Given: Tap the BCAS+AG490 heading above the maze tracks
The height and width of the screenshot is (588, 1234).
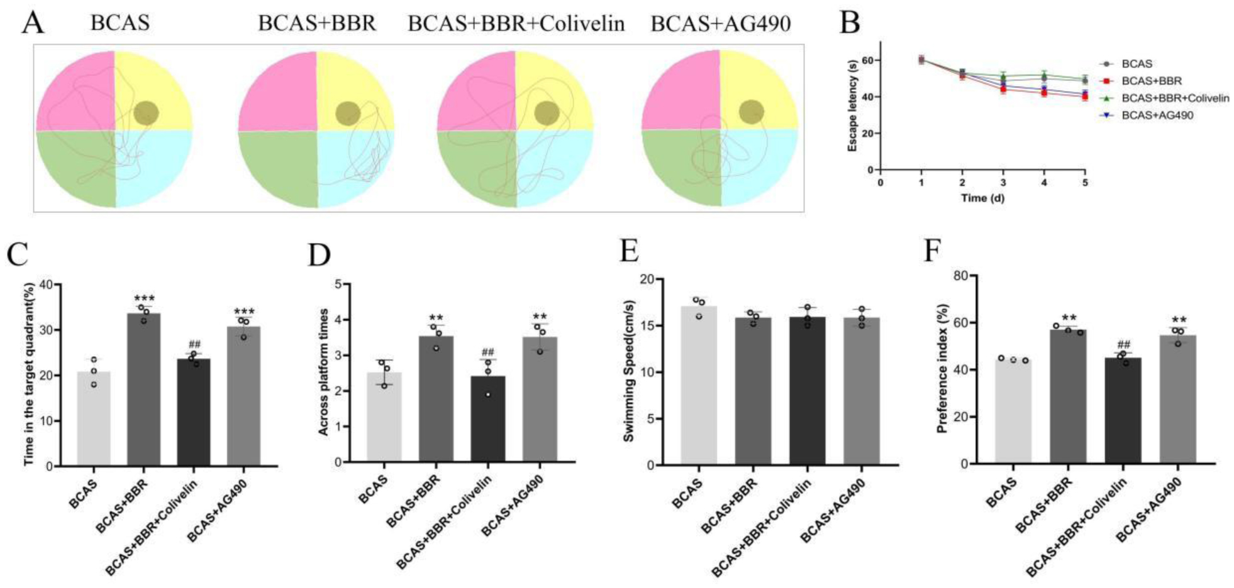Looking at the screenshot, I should point(720,24).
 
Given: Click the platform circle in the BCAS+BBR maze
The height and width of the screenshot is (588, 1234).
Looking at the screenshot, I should point(347,114).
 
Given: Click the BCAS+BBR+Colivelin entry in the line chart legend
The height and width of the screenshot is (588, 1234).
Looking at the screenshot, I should point(1175,98).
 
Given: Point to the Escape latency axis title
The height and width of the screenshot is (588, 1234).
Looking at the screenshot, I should point(853,106).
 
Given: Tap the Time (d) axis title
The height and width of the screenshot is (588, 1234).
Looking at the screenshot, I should point(982,199).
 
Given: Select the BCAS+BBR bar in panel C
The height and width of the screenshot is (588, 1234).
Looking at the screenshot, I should point(144,389).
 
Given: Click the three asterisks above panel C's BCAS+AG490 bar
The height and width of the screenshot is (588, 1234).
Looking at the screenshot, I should point(244,312).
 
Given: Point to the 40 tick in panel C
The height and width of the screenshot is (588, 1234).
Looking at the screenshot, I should point(47,285).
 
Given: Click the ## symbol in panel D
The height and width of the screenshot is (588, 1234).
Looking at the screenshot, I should point(488,352).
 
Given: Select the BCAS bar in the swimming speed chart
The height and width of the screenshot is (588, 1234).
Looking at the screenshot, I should point(699,386).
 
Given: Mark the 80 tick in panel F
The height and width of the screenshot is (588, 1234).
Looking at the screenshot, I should point(959,276).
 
